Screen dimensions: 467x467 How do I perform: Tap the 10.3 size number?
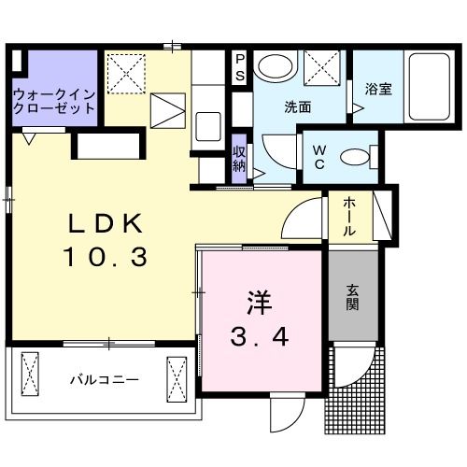[105, 256]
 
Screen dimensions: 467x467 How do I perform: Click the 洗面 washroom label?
[298, 106]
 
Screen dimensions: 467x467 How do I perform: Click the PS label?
[240, 67]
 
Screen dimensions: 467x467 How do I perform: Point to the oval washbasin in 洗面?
[274, 67]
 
